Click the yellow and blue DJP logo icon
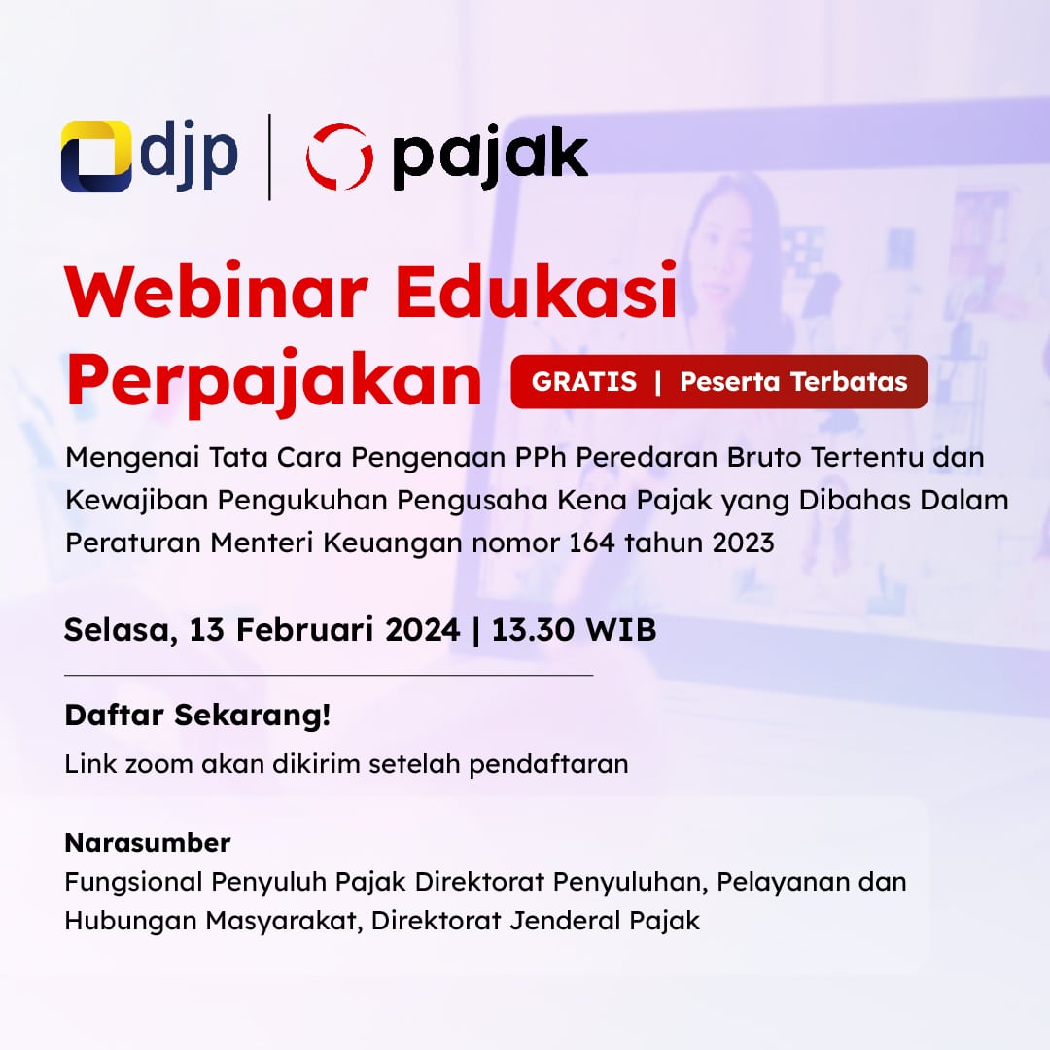(95, 156)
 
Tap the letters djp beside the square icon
(189, 156)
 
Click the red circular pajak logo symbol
(339, 157)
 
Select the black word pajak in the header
(489, 158)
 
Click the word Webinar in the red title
(217, 292)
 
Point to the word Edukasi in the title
(537, 292)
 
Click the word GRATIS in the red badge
(584, 382)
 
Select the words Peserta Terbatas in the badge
(793, 382)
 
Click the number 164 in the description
(591, 542)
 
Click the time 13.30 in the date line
(533, 629)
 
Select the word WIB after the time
(620, 629)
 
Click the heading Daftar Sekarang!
(197, 716)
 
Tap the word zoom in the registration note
(158, 764)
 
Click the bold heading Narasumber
(148, 842)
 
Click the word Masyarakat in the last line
(281, 921)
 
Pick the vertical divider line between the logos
(269, 157)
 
